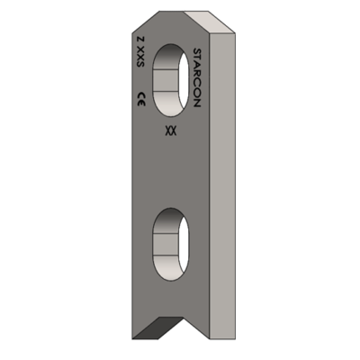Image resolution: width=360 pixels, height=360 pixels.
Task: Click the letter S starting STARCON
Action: [x=199, y=53]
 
